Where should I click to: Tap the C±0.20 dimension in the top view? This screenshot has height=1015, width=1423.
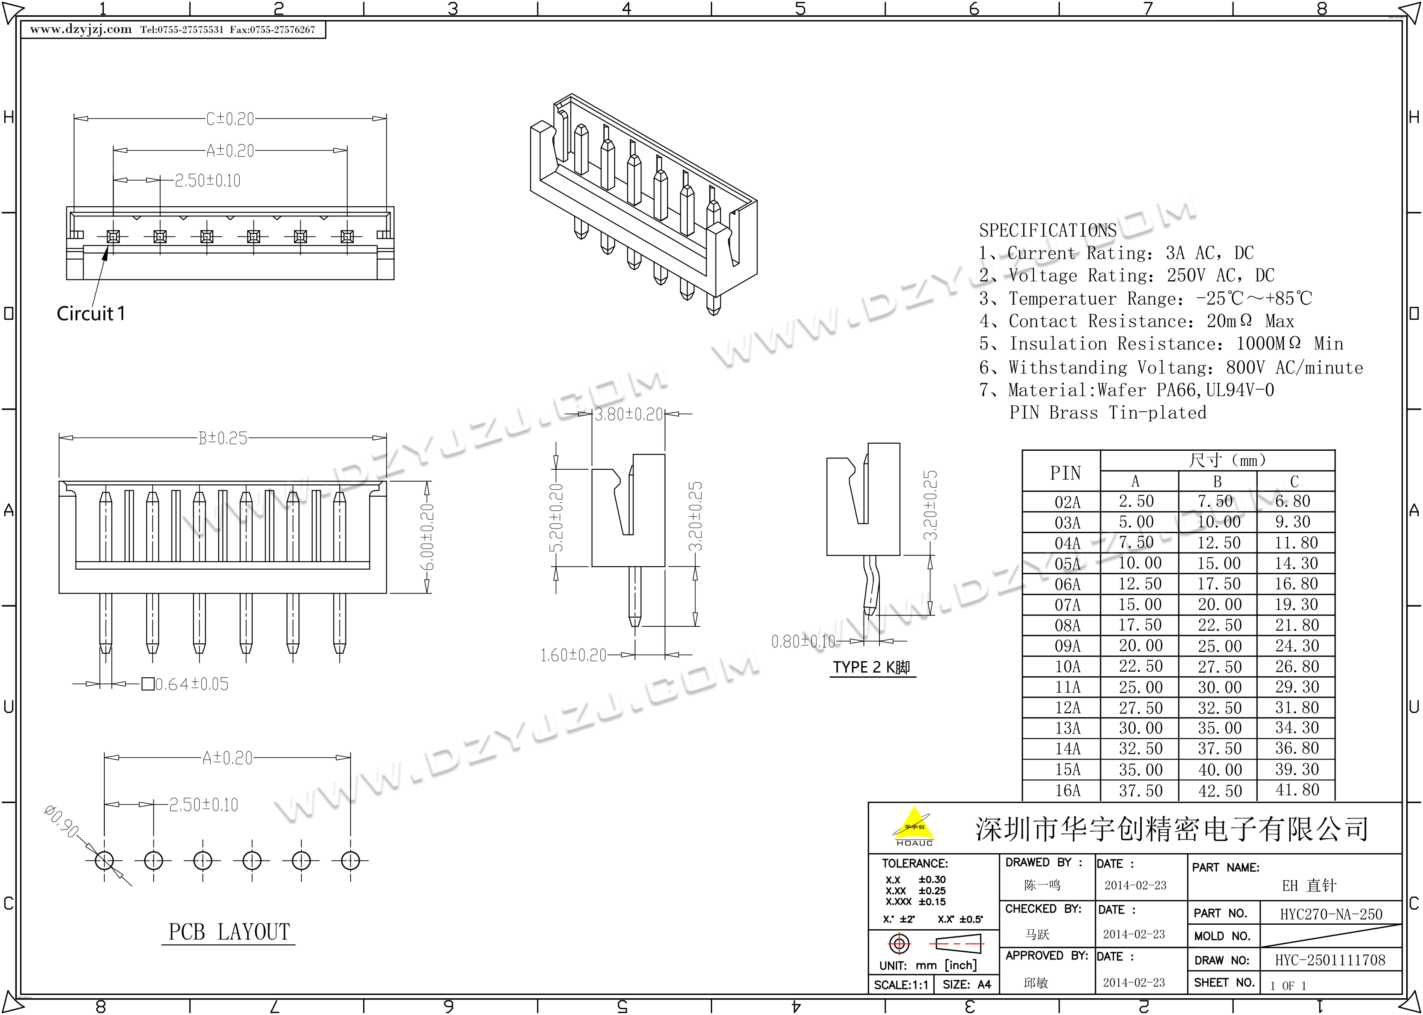coord(230,119)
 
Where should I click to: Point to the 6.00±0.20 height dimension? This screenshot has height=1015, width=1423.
coord(426,537)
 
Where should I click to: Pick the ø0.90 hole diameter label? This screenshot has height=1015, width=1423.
coord(61,821)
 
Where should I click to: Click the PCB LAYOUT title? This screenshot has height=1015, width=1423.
coord(229,932)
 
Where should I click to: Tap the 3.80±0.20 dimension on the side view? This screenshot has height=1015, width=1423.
coord(628,414)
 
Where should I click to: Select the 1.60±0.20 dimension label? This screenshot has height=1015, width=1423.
coord(573,655)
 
